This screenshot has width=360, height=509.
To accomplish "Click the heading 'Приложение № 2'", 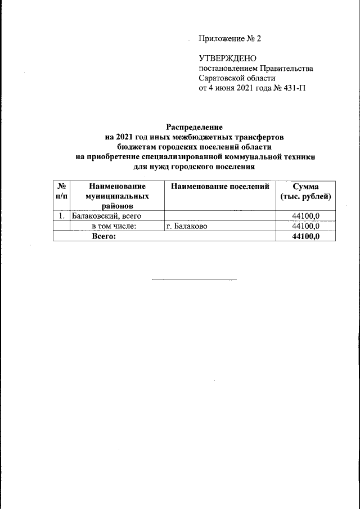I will [x=230, y=39].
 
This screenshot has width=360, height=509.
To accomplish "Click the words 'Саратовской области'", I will [x=237, y=79].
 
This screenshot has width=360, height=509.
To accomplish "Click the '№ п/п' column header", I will [x=60, y=192].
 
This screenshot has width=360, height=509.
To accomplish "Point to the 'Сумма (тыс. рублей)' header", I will [x=305, y=192].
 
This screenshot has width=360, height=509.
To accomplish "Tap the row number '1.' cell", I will [x=60, y=216].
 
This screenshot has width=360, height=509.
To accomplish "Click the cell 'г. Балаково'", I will [x=190, y=226].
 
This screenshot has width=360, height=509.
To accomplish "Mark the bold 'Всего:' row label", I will [x=103, y=236].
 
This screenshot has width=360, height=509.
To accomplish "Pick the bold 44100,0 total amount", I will [x=305, y=236].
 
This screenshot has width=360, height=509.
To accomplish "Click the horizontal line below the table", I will [x=195, y=280].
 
